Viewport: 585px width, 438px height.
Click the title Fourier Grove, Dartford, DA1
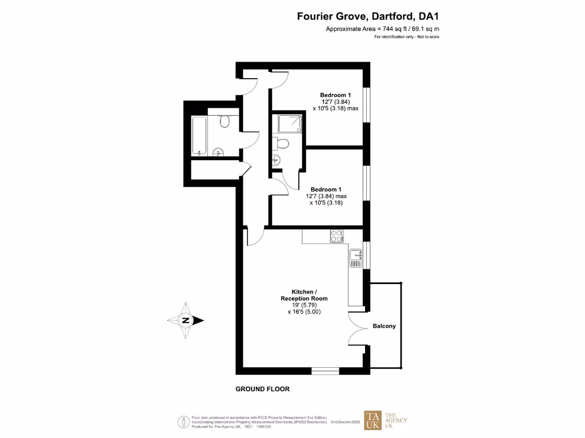(368, 17)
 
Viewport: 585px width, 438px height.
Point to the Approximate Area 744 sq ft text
(382, 29)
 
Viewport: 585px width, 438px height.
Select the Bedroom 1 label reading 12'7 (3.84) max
(328, 196)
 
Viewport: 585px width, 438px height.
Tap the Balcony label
(384, 326)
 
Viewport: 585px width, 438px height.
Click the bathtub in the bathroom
(199, 136)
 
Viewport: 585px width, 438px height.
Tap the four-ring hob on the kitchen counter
(336, 234)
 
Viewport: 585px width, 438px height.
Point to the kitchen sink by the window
(356, 257)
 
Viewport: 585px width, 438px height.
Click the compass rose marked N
(186, 321)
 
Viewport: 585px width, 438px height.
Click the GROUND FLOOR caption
(263, 389)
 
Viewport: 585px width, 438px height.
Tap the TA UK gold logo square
(373, 420)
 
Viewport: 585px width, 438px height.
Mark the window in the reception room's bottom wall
(325, 371)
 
